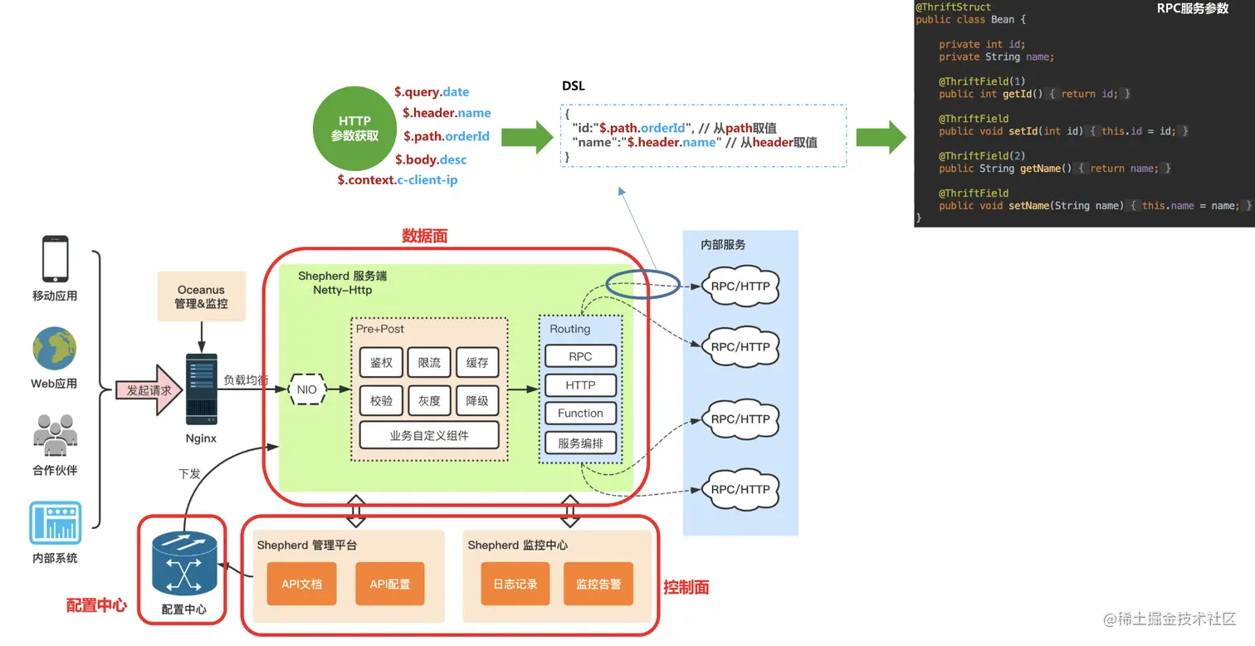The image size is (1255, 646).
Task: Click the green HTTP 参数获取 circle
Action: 354,128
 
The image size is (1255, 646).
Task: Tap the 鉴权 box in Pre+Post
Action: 381,362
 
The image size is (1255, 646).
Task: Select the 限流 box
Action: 429,362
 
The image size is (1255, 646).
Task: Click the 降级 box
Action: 477,400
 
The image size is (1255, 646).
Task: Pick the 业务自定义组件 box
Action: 429,435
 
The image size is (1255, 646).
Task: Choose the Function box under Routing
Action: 580,414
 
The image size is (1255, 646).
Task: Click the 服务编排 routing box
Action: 580,443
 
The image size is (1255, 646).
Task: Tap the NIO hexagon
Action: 307,389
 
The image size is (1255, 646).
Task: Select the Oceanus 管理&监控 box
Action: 201,296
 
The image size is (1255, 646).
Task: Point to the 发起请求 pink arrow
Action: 150,389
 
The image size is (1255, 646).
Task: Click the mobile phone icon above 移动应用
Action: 55,259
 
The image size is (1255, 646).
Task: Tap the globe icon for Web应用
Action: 55,349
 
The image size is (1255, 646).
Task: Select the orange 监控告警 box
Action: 598,584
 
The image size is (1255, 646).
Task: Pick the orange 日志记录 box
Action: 515,584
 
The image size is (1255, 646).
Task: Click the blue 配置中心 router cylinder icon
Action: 184,563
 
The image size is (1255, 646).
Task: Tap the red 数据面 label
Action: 424,237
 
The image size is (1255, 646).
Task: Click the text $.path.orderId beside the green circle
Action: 447,136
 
